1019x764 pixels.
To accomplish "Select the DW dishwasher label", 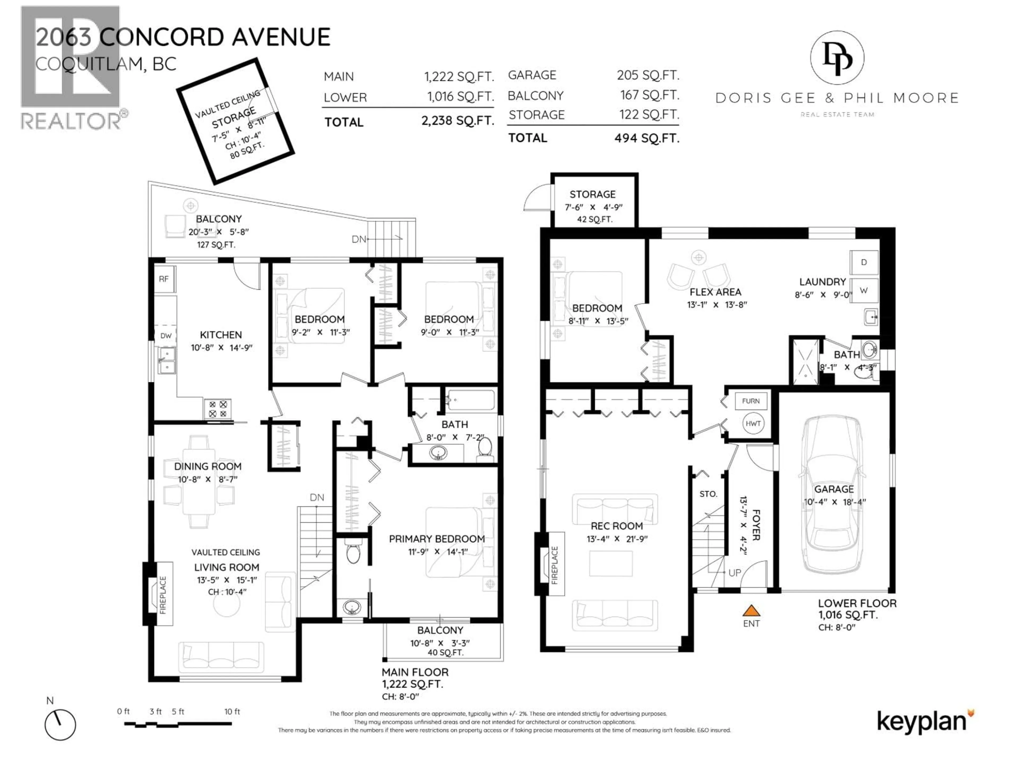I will [x=166, y=336].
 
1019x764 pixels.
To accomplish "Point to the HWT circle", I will [x=753, y=423].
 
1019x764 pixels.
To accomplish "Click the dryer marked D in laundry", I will [x=864, y=262].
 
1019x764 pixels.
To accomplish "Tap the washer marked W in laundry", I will [x=864, y=290].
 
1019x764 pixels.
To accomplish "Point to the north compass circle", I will [x=60, y=725].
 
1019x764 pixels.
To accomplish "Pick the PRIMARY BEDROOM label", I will [x=437, y=539].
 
